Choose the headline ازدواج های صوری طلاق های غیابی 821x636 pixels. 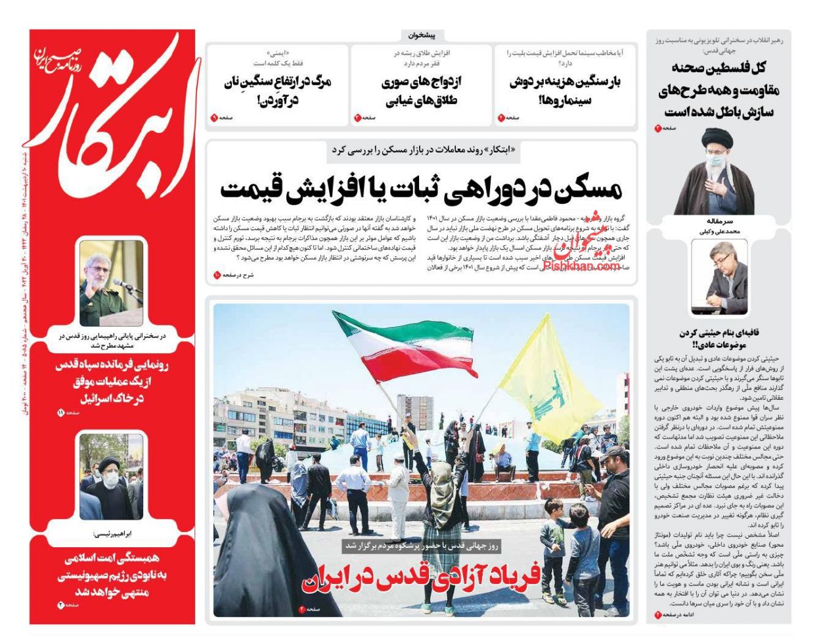pos(421,91)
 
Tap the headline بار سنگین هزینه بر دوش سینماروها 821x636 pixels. pos(565,91)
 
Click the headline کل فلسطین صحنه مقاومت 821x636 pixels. pos(717,89)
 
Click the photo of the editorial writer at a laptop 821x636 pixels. pos(719,276)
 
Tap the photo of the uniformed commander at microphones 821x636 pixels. pos(111,283)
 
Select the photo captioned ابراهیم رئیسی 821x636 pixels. pos(111,476)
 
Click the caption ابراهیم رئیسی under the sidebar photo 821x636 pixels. pos(111,534)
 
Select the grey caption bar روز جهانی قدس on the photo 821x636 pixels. pos(421,545)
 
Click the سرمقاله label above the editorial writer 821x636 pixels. pos(719,223)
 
